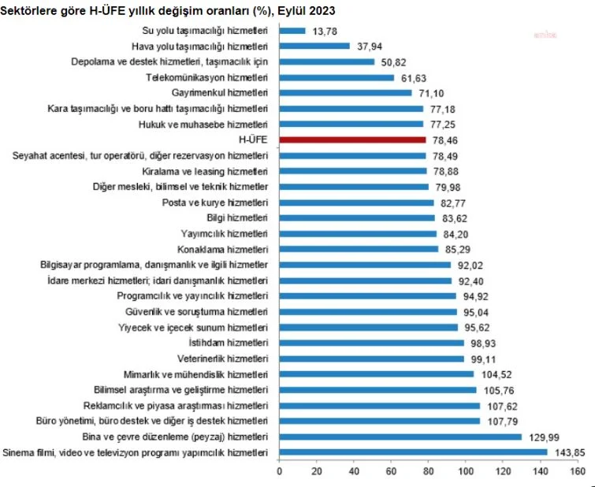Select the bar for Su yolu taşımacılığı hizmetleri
tap(292, 31)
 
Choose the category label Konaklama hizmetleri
tap(229, 249)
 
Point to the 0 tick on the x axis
tap(279, 471)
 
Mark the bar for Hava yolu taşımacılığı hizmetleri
tap(314, 46)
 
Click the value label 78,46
tap(446, 139)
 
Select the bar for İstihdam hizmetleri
tap(371, 343)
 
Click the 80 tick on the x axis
tap(428, 471)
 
